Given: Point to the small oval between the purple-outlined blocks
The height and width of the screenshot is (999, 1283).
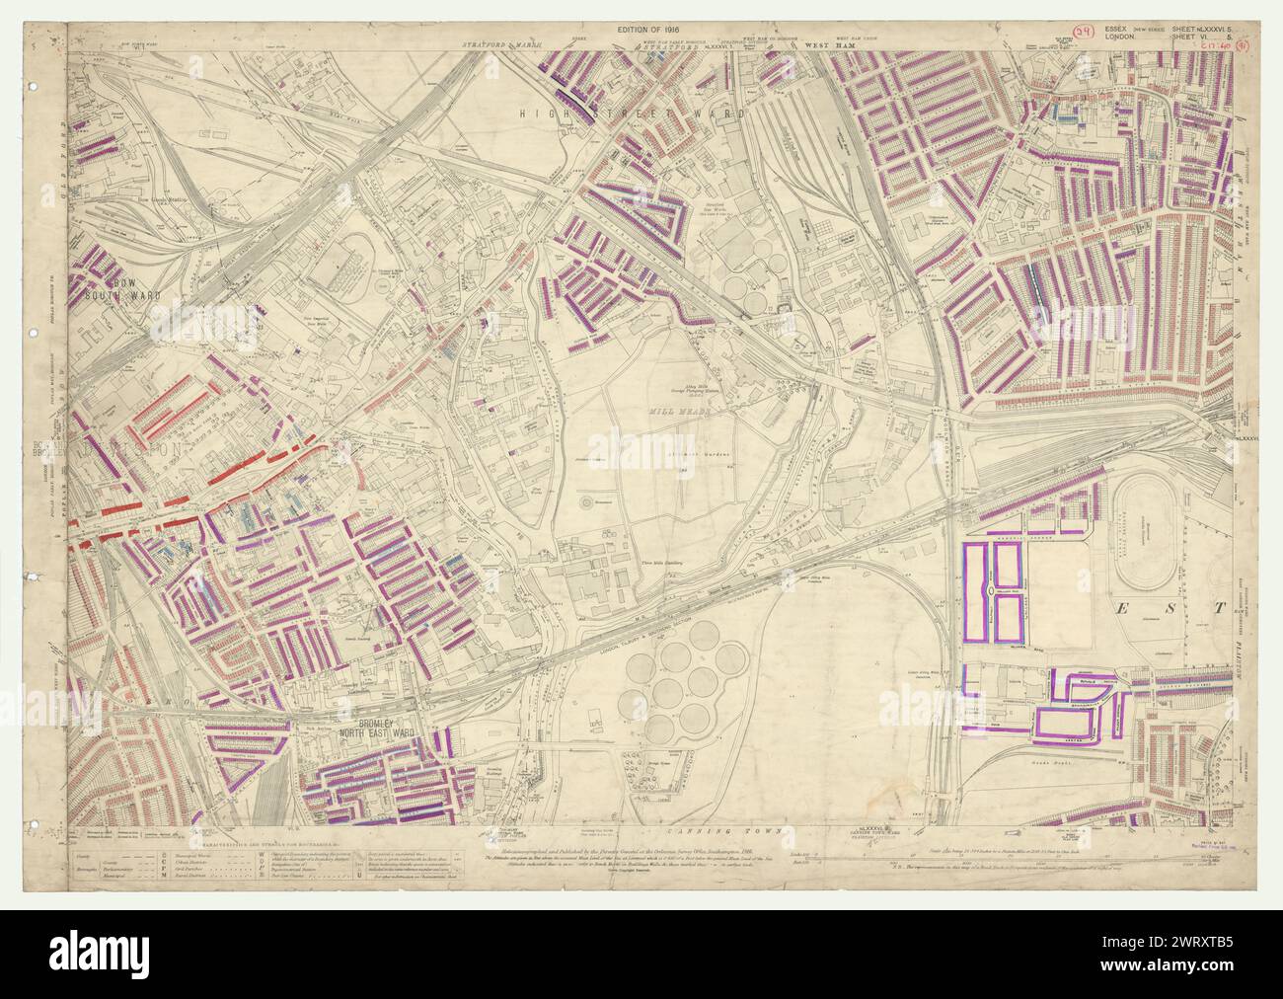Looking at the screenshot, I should (x=990, y=588).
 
